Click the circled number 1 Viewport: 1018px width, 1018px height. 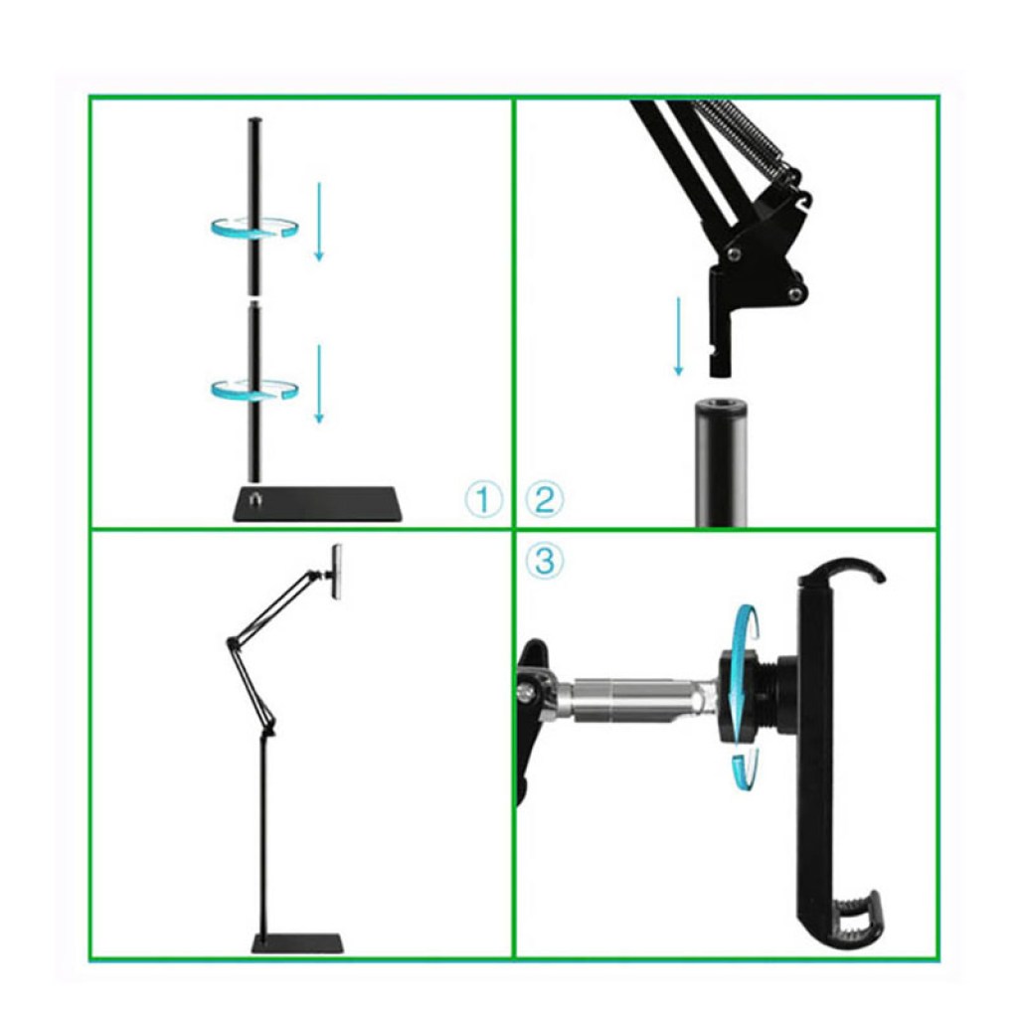click(483, 499)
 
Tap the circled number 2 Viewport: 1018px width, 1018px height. click(544, 499)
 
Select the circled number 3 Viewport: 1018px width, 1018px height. click(544, 561)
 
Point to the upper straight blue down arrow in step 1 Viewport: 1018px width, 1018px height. click(319, 221)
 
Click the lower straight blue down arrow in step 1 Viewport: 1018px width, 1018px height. click(319, 384)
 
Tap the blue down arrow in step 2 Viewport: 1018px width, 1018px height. click(679, 336)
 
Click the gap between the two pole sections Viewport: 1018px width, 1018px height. click(254, 298)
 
